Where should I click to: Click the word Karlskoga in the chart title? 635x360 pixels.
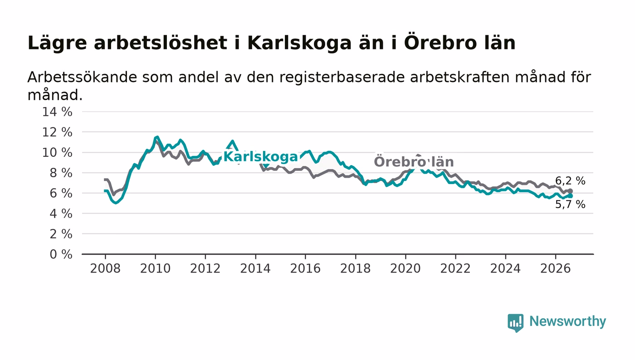299,44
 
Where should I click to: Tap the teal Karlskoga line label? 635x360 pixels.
260,157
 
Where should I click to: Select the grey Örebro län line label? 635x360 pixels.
414,161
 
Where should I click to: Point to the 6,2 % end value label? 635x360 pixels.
570,180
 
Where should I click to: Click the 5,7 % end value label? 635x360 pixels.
570,204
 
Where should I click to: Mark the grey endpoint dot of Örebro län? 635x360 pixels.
571,191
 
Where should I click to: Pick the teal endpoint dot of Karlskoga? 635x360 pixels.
571,196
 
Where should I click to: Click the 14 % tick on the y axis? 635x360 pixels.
57,112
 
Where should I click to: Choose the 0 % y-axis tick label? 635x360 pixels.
61,254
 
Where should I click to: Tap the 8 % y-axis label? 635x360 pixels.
61,173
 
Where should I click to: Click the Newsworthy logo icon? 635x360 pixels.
515,322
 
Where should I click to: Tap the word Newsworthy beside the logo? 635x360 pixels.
567,321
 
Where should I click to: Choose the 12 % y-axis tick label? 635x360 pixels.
57,132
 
